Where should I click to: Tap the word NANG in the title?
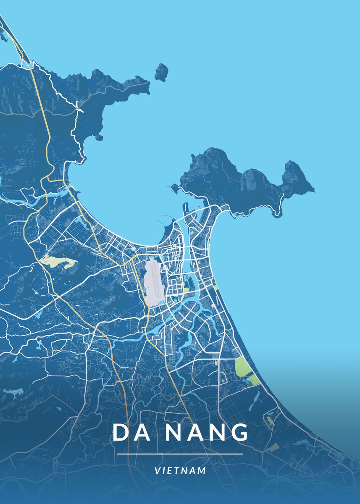tap(206, 433)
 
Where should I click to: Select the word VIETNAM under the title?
tap(180, 470)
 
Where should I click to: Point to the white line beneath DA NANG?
tap(180, 454)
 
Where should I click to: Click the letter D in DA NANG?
tap(121, 433)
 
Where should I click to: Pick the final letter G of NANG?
tap(239, 433)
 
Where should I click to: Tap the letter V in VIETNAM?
tap(157, 470)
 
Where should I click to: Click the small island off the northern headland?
tap(161, 72)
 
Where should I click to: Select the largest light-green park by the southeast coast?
tap(243, 366)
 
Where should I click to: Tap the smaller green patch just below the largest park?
tap(253, 380)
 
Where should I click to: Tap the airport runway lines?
tap(154, 279)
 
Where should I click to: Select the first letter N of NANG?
tap(173, 433)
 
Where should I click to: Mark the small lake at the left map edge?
tap(13, 393)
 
